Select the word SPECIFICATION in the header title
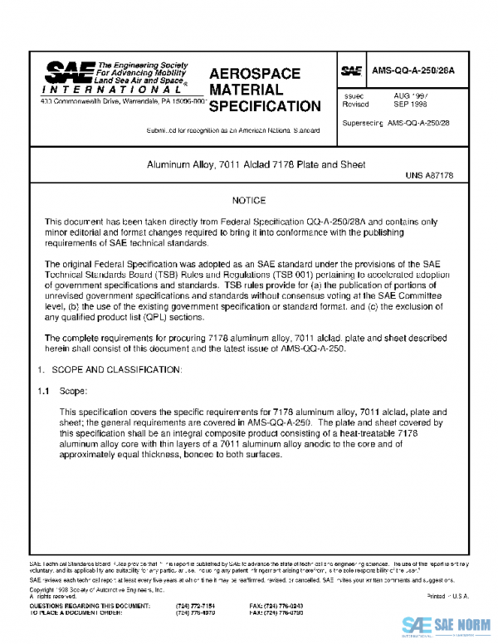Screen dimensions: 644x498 click(x=265, y=107)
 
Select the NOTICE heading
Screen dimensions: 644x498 click(x=249, y=201)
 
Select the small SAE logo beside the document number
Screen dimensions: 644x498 click(x=350, y=71)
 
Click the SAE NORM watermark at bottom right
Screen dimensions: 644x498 click(x=447, y=625)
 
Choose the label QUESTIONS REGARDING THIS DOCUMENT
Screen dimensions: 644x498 click(x=81, y=607)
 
